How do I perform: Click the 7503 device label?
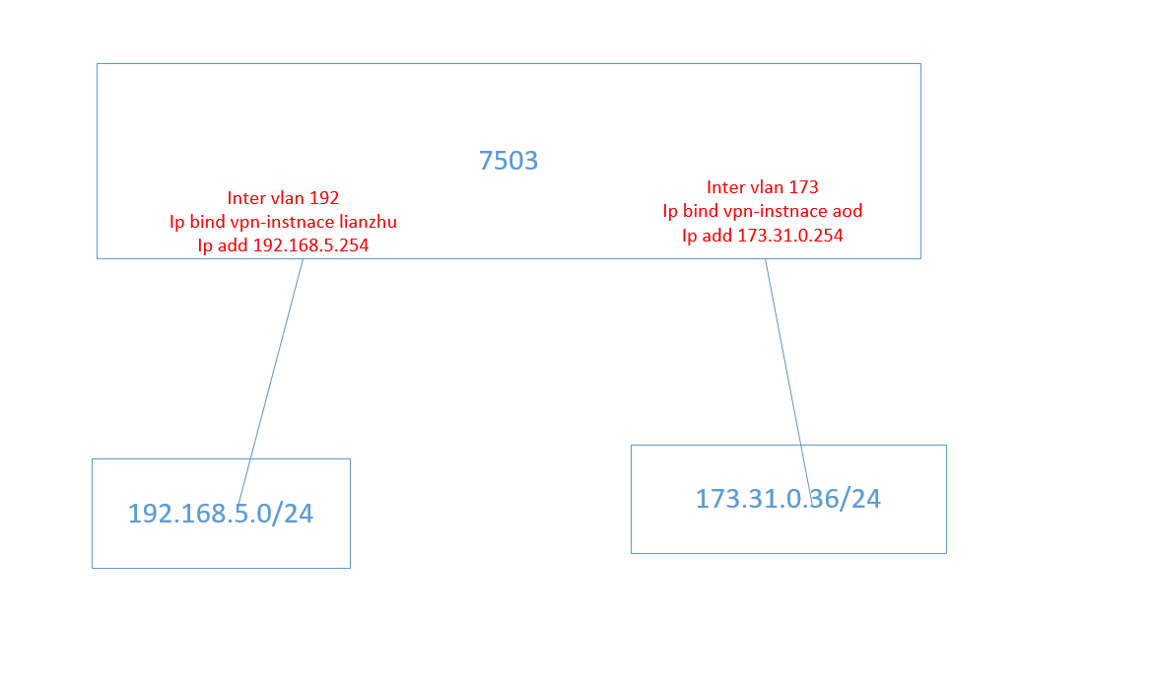[x=509, y=161]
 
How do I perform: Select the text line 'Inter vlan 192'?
[x=283, y=198]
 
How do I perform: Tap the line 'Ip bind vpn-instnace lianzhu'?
[x=283, y=222]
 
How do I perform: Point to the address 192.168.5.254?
[x=310, y=245]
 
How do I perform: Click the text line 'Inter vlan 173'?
[x=762, y=187]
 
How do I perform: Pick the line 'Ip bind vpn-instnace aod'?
[x=763, y=211]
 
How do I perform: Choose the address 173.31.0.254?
[x=788, y=236]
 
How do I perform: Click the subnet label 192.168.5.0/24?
[x=221, y=514]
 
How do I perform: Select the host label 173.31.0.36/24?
[x=787, y=499]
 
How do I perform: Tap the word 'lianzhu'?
[x=368, y=222]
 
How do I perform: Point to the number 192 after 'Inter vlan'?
[x=323, y=198]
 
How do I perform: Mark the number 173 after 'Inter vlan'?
[x=803, y=187]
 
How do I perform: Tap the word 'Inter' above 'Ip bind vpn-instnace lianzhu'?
[x=245, y=198]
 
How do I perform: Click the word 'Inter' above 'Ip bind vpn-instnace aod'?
[x=725, y=187]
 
